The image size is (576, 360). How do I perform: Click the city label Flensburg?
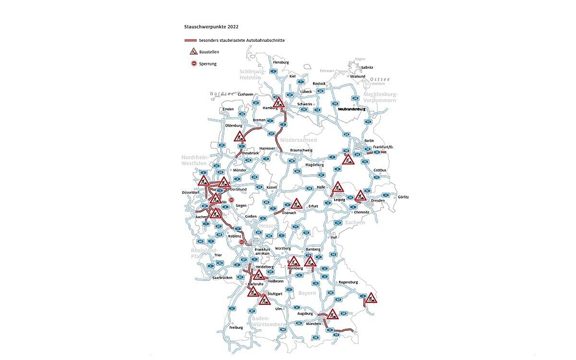pyautogui.click(x=281, y=62)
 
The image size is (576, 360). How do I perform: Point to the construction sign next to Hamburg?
pyautogui.click(x=278, y=102)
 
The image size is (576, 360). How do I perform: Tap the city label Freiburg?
pyautogui.click(x=236, y=327)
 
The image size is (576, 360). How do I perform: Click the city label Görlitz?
pyautogui.click(x=403, y=197)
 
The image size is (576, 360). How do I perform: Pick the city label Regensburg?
pyautogui.click(x=348, y=282)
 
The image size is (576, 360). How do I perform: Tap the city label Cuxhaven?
pyautogui.click(x=245, y=94)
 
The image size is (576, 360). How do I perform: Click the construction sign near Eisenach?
pyautogui.click(x=296, y=204)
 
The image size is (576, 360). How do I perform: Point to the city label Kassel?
pyautogui.click(x=272, y=187)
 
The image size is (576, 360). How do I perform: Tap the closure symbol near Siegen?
pyautogui.click(x=231, y=200)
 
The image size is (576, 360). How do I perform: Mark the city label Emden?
pyautogui.click(x=228, y=109)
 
